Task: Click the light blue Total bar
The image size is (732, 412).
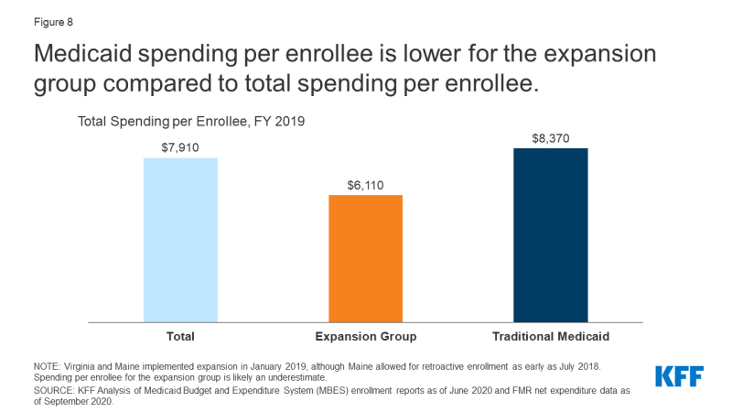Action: click(180, 239)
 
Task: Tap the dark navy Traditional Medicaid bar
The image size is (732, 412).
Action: click(550, 234)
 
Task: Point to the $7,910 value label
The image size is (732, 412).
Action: click(180, 146)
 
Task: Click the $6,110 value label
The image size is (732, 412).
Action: click(365, 184)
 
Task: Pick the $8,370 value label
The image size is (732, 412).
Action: click(550, 137)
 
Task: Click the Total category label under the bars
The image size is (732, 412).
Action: click(180, 337)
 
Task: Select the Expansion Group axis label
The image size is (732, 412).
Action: click(365, 337)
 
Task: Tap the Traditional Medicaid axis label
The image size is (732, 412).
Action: click(550, 337)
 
